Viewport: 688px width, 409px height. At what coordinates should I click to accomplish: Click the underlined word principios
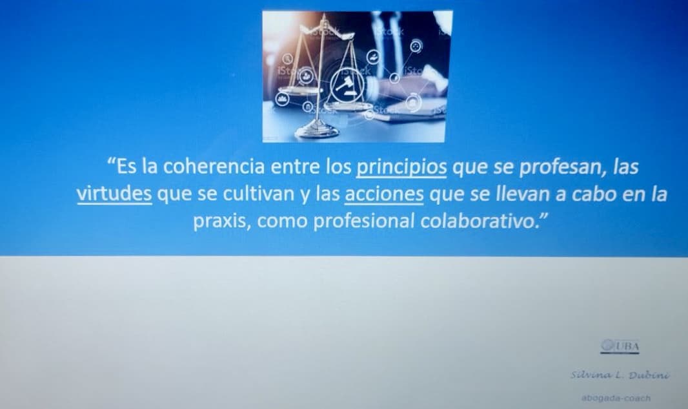401,167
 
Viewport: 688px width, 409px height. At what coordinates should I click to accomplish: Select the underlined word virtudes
114,194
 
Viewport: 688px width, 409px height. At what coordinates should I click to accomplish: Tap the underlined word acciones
385,194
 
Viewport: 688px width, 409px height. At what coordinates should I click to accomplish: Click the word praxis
220,221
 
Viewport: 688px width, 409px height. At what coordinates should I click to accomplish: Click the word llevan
507,194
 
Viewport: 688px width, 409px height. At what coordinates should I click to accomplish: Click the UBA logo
620,347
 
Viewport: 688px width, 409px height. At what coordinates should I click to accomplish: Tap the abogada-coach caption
616,398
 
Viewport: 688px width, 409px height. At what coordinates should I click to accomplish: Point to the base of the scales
317,131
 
